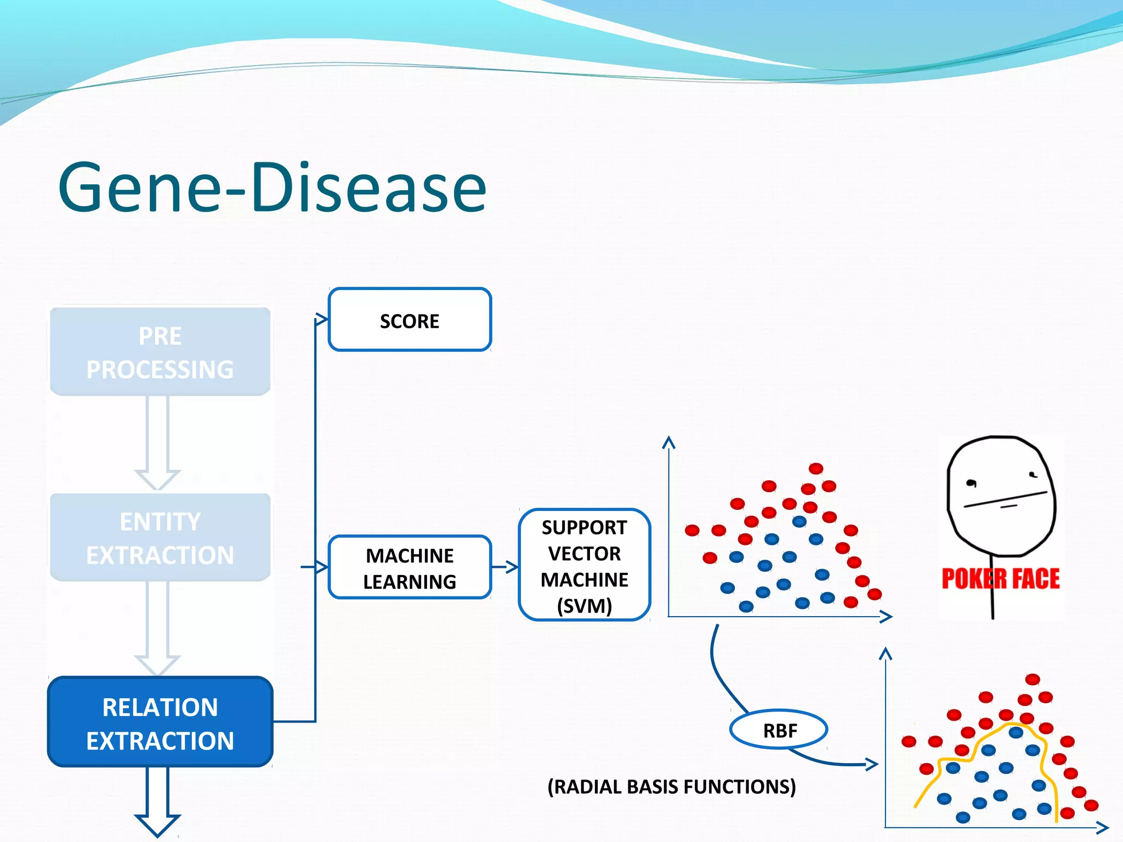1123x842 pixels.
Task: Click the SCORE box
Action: (410, 320)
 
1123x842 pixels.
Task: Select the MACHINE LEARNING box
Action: (410, 567)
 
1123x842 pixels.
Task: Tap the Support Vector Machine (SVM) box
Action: (584, 565)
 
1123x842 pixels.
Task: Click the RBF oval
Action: (779, 730)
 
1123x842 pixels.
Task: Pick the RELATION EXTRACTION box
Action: (160, 722)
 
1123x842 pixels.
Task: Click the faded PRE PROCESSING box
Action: (160, 352)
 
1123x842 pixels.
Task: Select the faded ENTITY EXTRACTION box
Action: (160, 538)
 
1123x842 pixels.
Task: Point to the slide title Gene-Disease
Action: (272, 187)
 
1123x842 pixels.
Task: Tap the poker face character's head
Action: (1001, 493)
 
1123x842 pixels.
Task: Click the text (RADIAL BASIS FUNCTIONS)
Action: (671, 787)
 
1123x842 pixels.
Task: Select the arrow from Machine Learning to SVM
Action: (505, 567)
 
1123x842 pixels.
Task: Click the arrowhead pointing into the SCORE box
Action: (322, 319)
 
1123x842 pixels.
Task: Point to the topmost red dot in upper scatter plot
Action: (816, 468)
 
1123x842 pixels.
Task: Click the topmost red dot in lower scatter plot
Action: (1032, 680)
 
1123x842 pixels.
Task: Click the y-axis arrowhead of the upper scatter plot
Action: (668, 442)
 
